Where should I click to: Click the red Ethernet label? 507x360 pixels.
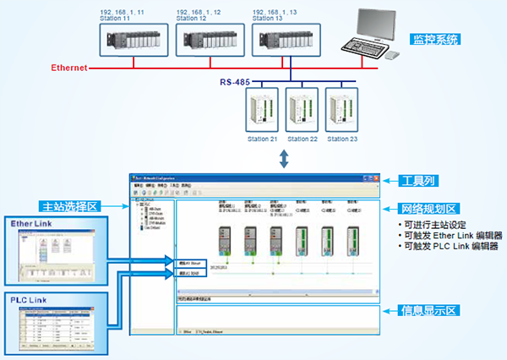tap(69, 68)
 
